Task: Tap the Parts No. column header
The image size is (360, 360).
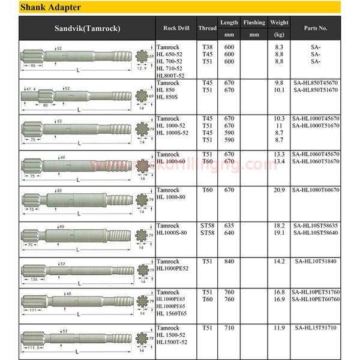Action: (315, 28)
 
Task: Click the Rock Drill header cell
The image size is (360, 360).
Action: (176, 28)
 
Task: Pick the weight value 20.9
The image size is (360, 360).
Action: (278, 190)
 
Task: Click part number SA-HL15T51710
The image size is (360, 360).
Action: (316, 328)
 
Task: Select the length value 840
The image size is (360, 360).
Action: (228, 262)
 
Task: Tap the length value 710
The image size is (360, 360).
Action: (228, 328)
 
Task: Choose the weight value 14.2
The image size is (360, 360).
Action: (278, 262)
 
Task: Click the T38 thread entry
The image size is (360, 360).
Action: (207, 47)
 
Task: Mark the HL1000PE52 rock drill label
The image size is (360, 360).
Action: (175, 268)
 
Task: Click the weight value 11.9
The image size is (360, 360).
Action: (278, 328)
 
